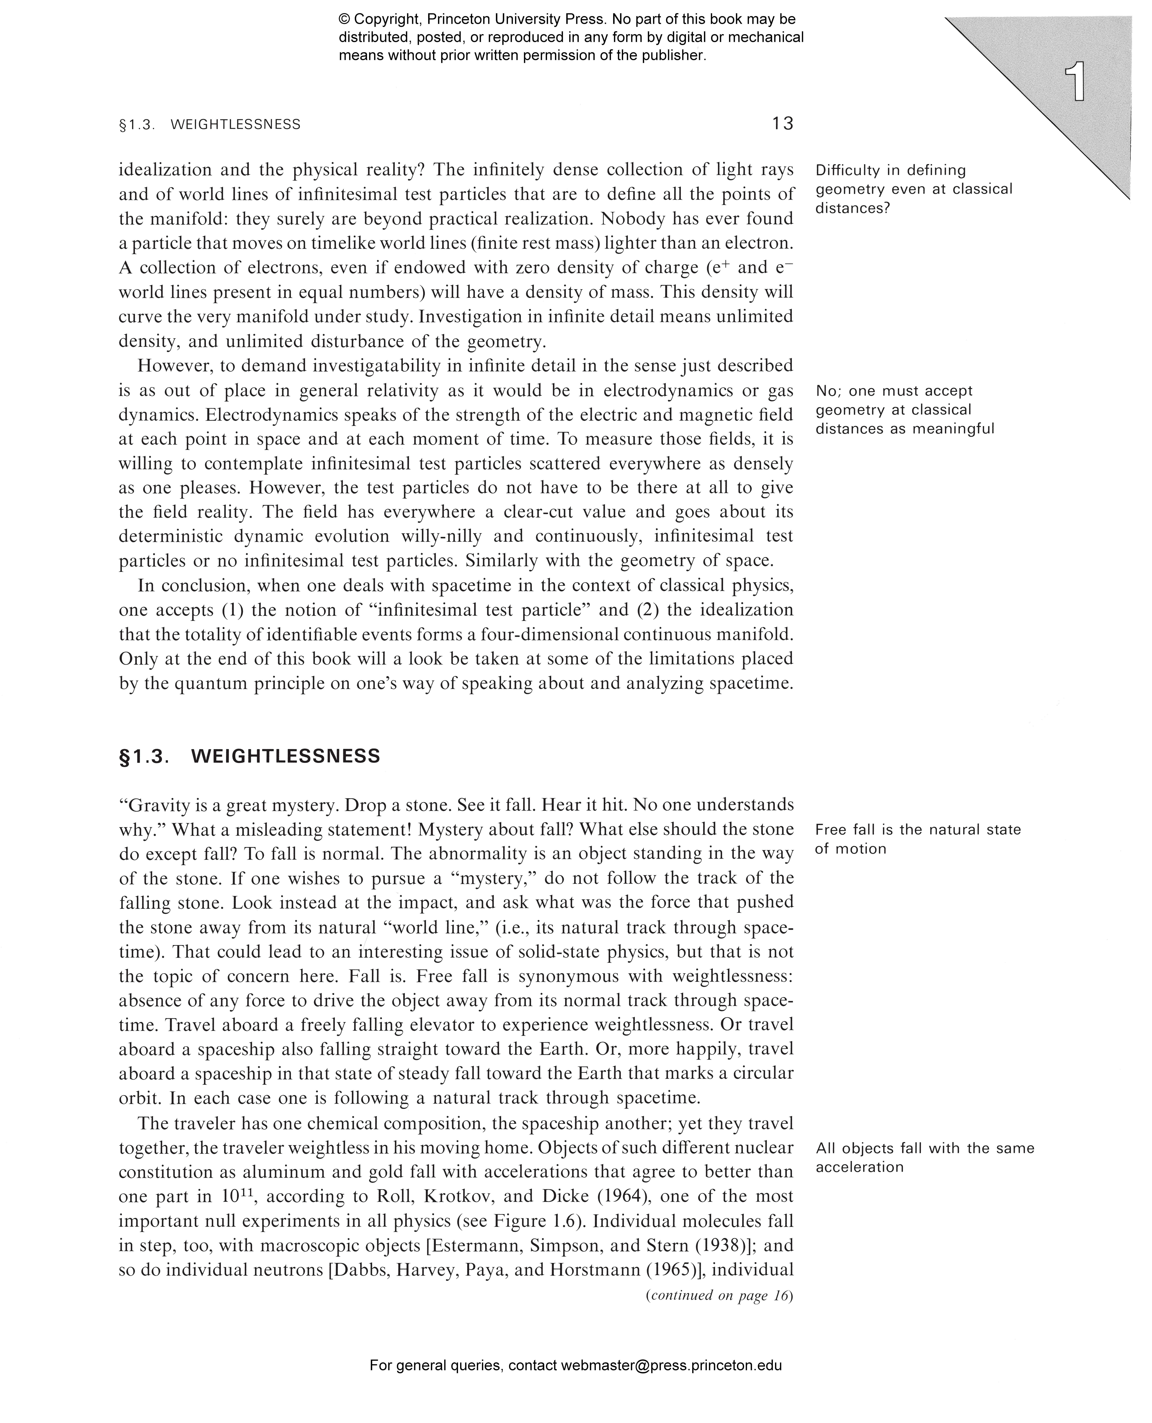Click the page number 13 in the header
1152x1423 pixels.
[x=782, y=124]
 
